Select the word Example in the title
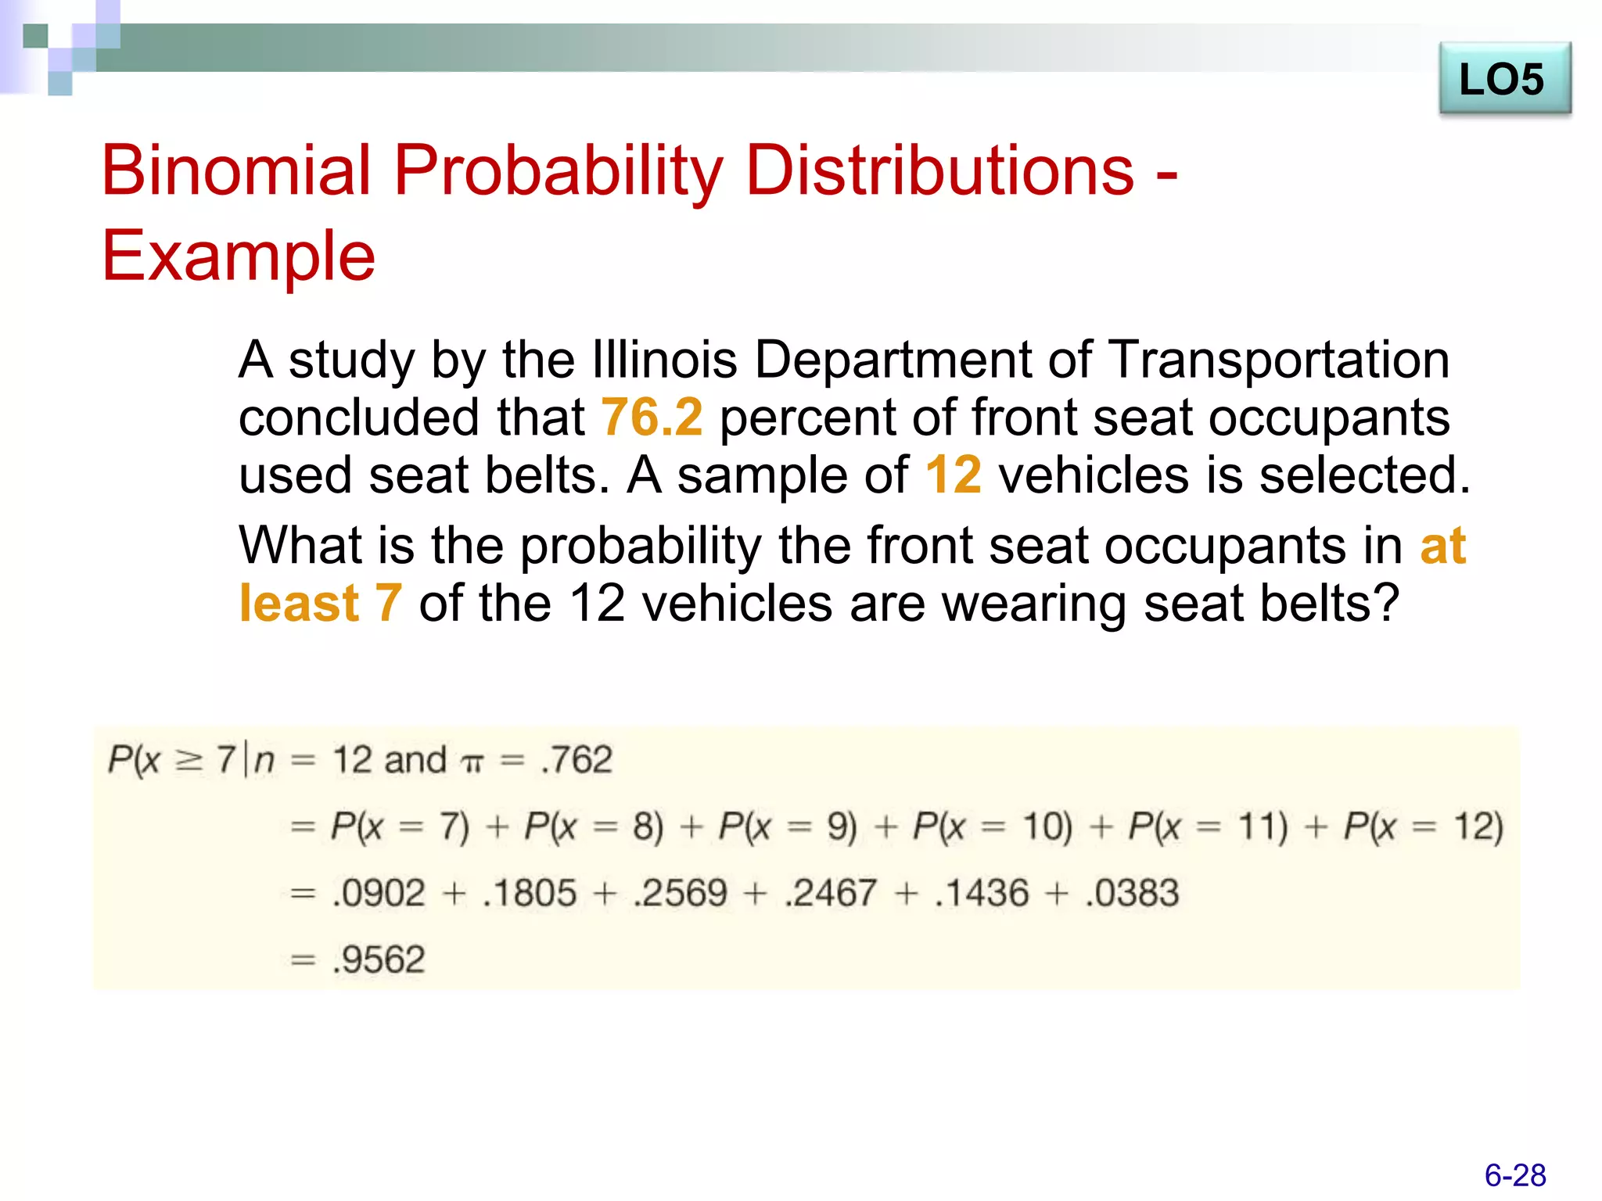click(x=239, y=256)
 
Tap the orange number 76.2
click(x=652, y=417)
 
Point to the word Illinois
click(x=664, y=360)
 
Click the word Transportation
click(x=1280, y=360)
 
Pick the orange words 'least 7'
click(x=321, y=603)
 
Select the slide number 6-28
click(x=1514, y=1175)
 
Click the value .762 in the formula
click(x=577, y=759)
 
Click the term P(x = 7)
click(x=400, y=826)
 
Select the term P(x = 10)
click(x=992, y=826)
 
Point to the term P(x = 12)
click(x=1423, y=826)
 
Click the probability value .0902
click(x=379, y=893)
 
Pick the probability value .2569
click(x=681, y=893)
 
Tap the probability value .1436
click(x=982, y=893)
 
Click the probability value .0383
click(x=1132, y=893)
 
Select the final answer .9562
click(x=379, y=959)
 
